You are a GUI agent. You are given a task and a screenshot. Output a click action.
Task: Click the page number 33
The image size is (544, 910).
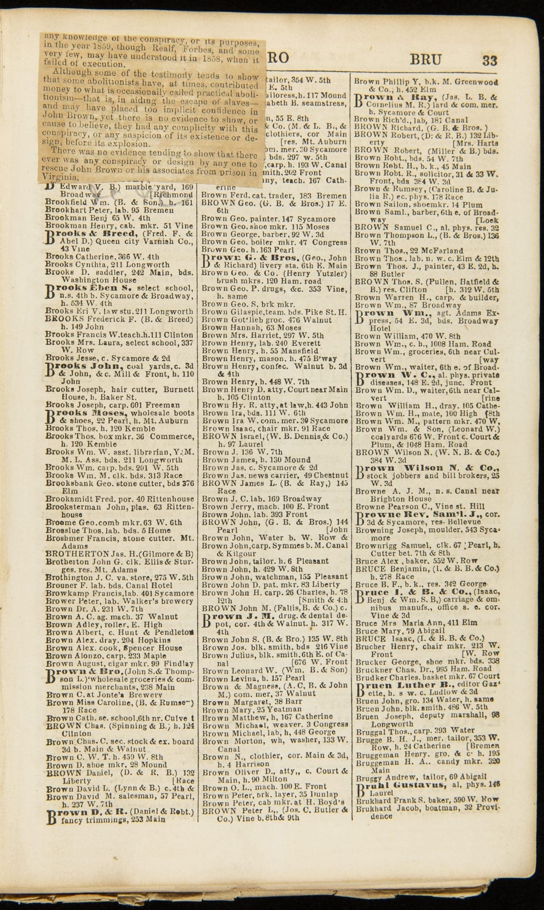[x=490, y=60]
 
